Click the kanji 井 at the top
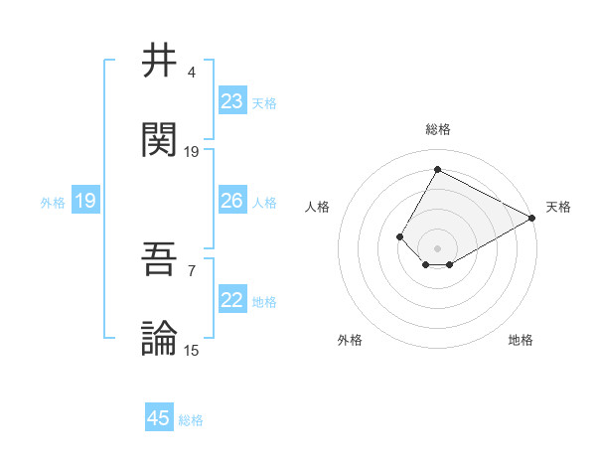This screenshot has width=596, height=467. [159, 61]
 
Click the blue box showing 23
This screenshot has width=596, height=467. [232, 101]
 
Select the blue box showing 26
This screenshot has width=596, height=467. [232, 201]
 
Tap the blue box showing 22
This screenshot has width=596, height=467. [232, 300]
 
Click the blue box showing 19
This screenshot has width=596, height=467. [84, 202]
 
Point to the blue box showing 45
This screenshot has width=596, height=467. [159, 418]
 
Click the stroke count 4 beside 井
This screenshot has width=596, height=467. [191, 73]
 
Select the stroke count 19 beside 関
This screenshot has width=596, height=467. [192, 152]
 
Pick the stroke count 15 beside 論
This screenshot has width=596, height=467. [192, 350]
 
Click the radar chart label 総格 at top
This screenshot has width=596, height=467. [437, 130]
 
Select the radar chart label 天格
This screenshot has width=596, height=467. [558, 207]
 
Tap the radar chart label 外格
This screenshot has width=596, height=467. [350, 340]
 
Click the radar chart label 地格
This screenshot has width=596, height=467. [521, 340]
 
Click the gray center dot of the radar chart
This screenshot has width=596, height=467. [437, 247]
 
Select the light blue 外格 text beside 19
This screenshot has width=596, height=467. [53, 203]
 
